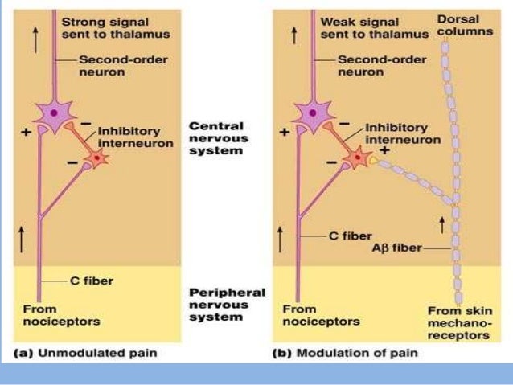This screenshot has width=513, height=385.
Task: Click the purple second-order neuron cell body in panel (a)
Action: click(54, 114)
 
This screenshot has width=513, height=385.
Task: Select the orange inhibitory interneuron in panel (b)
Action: click(357, 158)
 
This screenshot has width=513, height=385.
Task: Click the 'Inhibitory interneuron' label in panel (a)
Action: click(129, 137)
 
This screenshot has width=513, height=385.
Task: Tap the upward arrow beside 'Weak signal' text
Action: click(295, 35)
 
